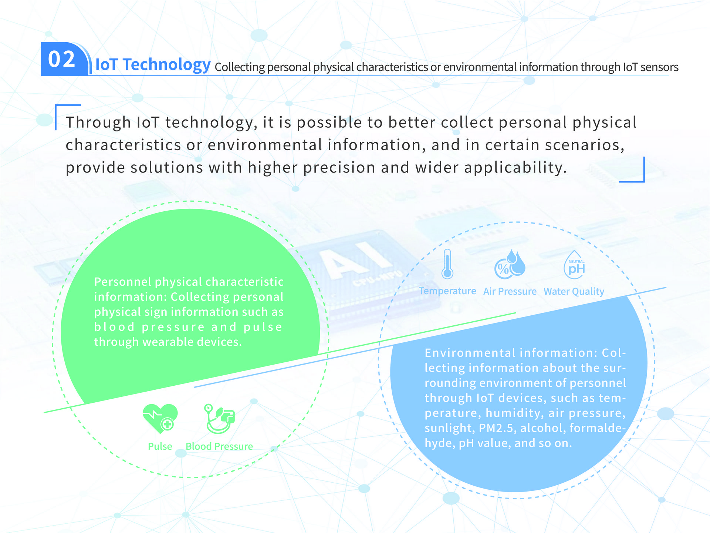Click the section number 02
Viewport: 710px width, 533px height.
[62, 59]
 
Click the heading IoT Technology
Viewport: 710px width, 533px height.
[153, 64]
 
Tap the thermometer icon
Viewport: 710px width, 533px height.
[447, 264]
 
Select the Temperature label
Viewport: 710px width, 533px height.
[447, 291]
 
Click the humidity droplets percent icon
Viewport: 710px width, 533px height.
[510, 264]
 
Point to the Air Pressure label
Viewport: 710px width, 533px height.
[510, 291]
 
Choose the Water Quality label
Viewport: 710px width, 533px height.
[574, 292]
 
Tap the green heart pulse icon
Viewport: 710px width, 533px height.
[160, 419]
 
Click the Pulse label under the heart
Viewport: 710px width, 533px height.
[160, 446]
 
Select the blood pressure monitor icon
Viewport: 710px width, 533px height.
[219, 419]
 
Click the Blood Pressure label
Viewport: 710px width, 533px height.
[219, 446]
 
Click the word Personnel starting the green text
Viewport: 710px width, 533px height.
[123, 282]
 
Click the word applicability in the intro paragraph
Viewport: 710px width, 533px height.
[515, 168]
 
